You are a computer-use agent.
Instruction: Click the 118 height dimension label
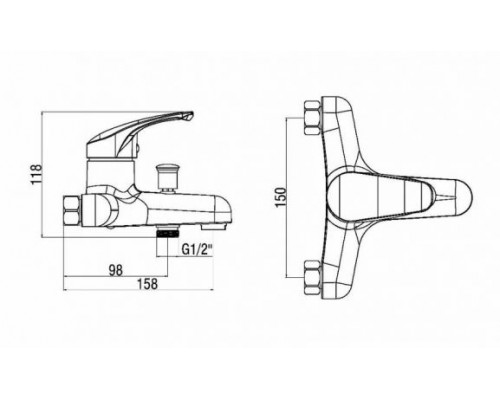click(36, 174)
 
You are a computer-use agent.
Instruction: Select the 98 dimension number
click(116, 270)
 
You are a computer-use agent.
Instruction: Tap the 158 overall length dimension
click(147, 284)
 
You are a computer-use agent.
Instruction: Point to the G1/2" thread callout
click(197, 250)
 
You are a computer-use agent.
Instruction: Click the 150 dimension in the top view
click(281, 197)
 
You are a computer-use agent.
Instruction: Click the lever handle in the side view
click(139, 133)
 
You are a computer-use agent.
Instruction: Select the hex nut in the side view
click(72, 212)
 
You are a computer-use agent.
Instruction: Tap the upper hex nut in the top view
click(313, 118)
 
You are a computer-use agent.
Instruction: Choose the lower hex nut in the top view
click(313, 277)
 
